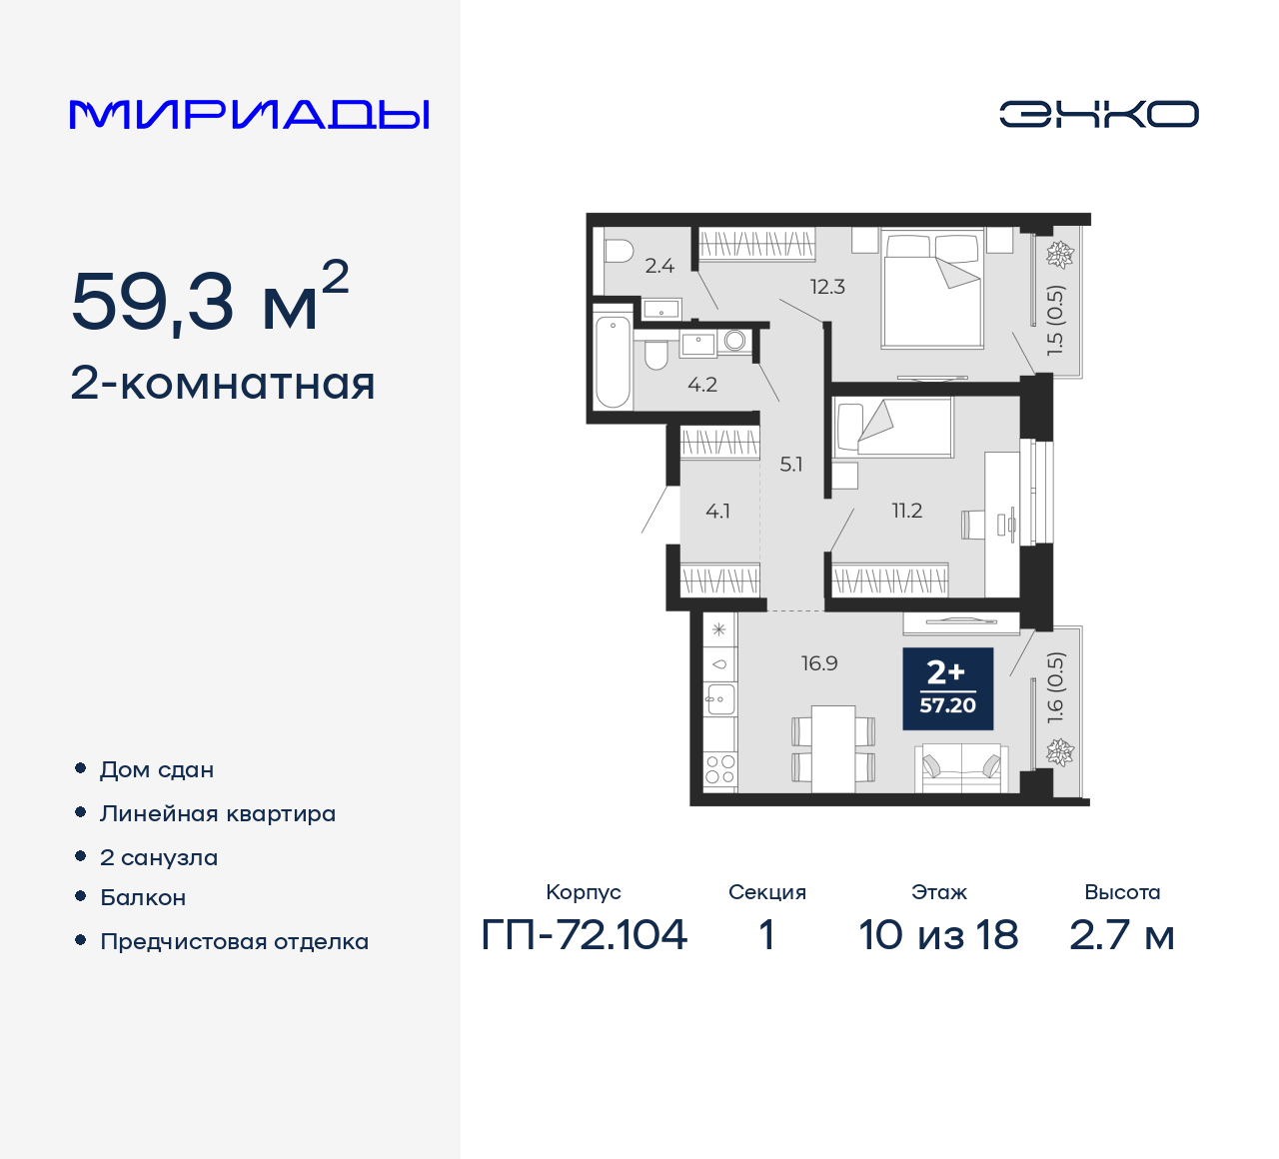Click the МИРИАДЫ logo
250,114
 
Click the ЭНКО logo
1098,114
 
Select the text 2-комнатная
223,384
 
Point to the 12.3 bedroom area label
827,287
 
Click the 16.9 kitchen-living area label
819,663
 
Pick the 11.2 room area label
907,511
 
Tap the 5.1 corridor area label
791,465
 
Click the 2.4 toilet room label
659,266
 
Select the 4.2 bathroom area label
702,385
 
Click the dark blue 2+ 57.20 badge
947,688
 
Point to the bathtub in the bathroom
613,362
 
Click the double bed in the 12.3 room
932,290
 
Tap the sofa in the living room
961,767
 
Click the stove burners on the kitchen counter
719,768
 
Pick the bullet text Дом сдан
157,770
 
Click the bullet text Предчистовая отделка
234,942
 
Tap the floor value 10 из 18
938,935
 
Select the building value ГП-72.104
585,935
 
